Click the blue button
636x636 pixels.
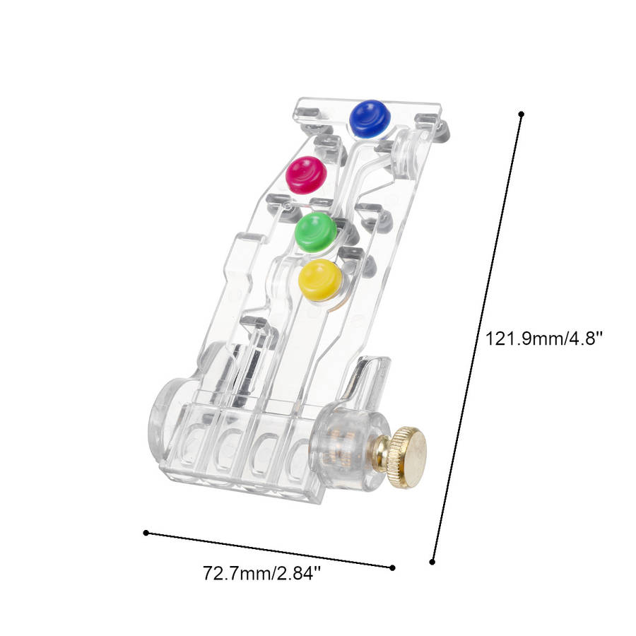pos(370,118)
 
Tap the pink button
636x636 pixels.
pos(306,175)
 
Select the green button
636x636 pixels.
pos(316,232)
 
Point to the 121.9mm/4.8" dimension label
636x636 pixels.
pos(544,338)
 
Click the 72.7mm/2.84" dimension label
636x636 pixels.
pos(262,573)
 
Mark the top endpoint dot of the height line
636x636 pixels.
pos(522,114)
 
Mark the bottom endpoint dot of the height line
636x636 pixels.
pos(432,562)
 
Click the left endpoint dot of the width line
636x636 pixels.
pos(146,533)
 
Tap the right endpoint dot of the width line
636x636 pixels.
pos(392,567)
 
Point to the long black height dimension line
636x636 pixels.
pos(477,338)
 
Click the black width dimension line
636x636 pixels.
pos(269,550)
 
